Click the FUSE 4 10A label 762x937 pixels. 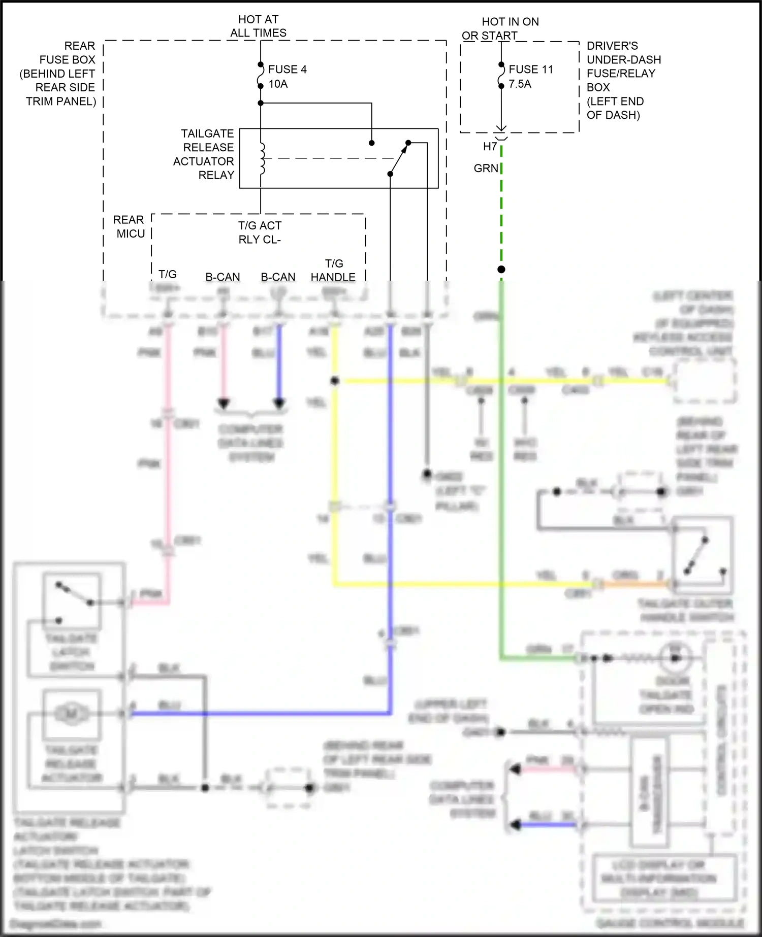(x=287, y=77)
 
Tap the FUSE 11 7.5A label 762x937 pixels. (x=530, y=77)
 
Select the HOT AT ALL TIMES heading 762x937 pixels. (x=258, y=26)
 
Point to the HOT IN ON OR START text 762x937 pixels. (x=500, y=28)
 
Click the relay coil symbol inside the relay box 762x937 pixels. (x=262, y=159)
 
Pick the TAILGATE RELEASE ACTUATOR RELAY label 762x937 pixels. (x=204, y=154)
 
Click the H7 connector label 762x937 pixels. (x=490, y=147)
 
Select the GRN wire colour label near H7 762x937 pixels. (x=486, y=168)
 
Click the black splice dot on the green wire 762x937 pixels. (x=501, y=270)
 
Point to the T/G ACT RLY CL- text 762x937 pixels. (x=260, y=232)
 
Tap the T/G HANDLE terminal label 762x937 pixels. (x=333, y=271)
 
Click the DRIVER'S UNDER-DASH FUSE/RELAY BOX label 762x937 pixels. (x=623, y=80)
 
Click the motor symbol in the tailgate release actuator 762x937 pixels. (x=71, y=714)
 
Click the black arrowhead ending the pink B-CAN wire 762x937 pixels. (x=224, y=404)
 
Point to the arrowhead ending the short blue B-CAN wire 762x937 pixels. (x=279, y=404)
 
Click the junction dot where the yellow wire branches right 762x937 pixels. (x=335, y=381)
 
